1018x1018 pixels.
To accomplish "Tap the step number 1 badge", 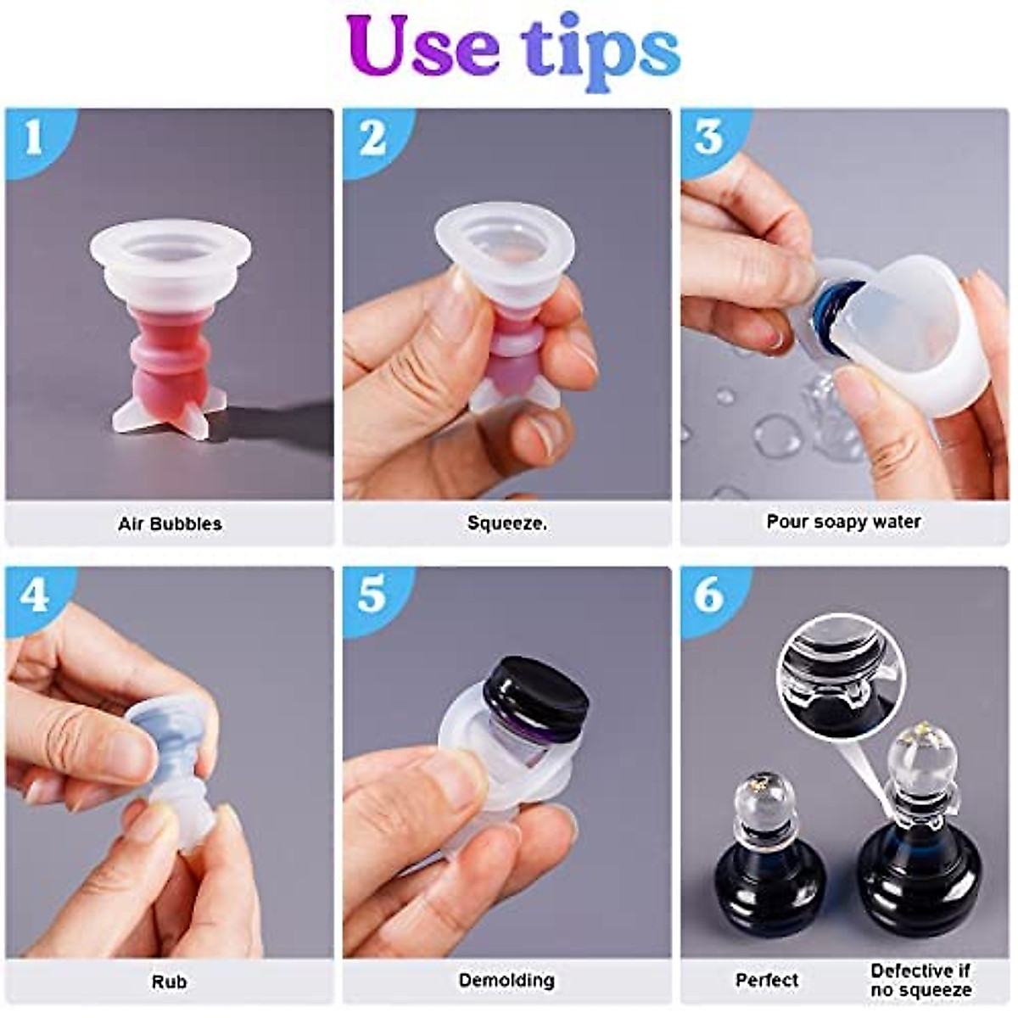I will [x=34, y=137].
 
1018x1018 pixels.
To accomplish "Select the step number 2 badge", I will [x=372, y=137].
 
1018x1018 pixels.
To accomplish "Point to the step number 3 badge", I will [x=709, y=137].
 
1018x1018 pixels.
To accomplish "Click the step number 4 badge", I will [x=34, y=596].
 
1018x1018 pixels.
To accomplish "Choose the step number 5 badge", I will [x=372, y=596].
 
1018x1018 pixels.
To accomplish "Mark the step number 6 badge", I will [x=709, y=596].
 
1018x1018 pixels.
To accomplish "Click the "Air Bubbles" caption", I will [x=170, y=523].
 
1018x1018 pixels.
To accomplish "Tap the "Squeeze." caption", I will [x=507, y=523].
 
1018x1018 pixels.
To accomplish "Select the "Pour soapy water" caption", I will [x=843, y=522].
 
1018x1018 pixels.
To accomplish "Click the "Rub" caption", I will [x=169, y=982].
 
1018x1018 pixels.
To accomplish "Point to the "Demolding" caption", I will [x=506, y=981].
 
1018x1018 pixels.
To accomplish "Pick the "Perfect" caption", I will [x=767, y=980].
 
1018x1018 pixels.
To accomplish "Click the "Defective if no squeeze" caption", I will [x=920, y=980].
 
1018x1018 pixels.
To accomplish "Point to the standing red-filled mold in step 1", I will [x=170, y=331].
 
